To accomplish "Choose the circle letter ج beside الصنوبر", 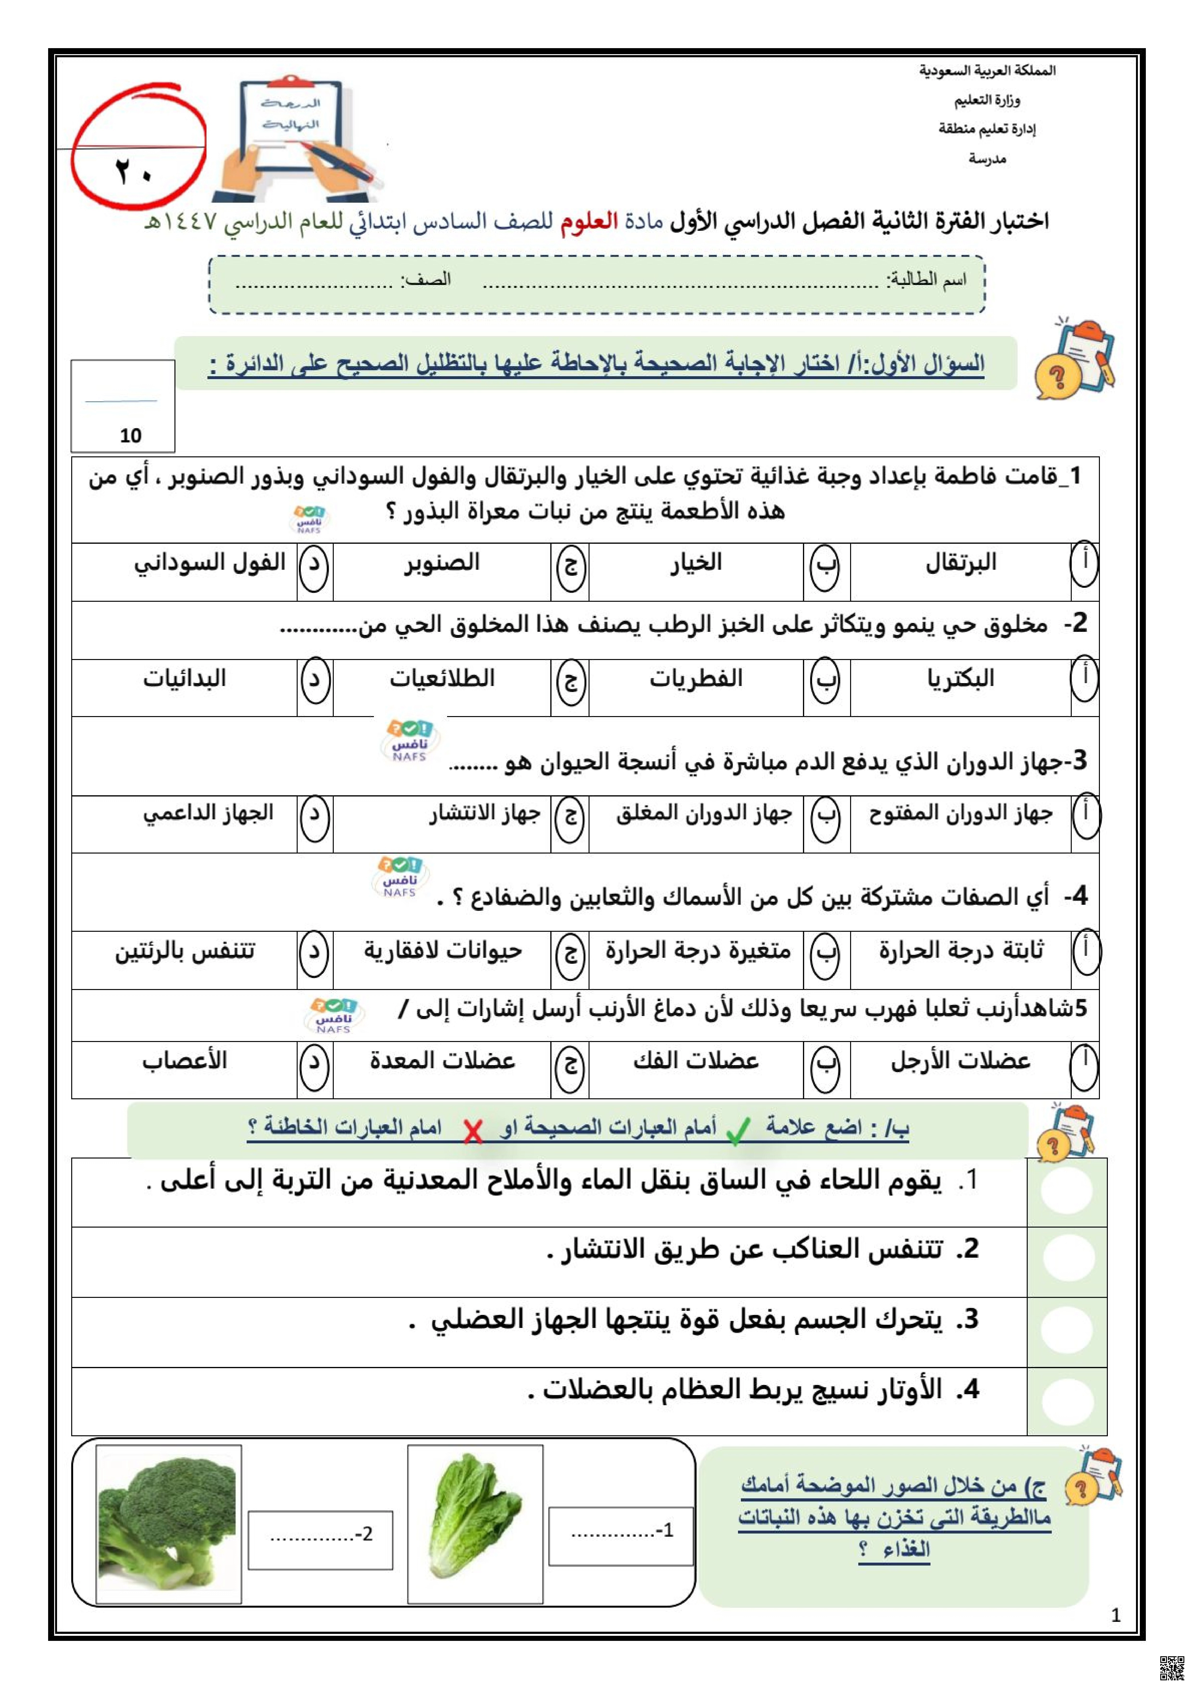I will tap(570, 566).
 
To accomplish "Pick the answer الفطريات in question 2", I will tap(695, 678).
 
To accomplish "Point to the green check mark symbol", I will tap(738, 1131).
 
